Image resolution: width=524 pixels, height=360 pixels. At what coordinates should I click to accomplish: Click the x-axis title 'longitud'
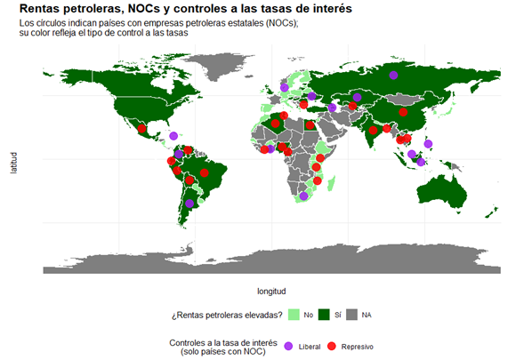point(271,290)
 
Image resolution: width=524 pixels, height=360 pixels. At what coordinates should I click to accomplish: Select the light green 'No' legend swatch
point(294,315)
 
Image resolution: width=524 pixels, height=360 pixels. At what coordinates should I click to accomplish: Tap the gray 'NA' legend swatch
point(352,315)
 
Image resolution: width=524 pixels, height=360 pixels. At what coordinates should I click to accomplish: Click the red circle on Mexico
point(141,130)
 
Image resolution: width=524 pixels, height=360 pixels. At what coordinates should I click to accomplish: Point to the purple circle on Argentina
point(189,204)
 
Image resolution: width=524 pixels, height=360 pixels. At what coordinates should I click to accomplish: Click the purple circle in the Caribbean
point(173,136)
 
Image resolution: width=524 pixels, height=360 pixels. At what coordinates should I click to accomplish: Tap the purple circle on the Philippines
point(429,143)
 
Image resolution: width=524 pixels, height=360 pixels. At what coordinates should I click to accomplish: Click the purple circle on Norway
point(284,87)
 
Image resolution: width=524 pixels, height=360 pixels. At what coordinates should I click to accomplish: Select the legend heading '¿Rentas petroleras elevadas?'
point(228,315)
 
